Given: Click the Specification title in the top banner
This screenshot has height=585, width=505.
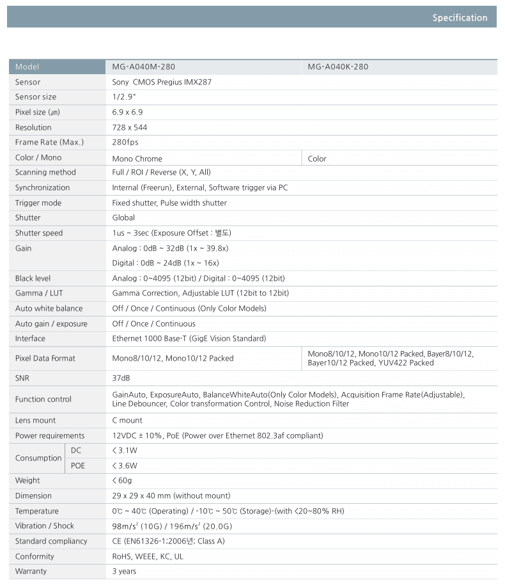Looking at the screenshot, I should (x=460, y=18).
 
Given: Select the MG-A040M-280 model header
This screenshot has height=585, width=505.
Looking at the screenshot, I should (x=144, y=66).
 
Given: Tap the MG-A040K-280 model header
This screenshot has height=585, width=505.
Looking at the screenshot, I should (x=338, y=66).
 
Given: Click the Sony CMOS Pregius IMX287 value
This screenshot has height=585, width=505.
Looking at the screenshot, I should (x=162, y=82).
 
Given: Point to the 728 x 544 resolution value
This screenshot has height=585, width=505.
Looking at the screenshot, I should (x=130, y=127).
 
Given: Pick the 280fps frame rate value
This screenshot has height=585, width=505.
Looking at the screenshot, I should (x=125, y=142).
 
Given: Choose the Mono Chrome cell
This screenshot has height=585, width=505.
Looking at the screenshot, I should (x=137, y=159).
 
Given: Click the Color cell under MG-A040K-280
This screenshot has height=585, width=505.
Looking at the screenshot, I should (x=317, y=159).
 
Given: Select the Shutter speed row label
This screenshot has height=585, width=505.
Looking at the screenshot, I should (x=39, y=233).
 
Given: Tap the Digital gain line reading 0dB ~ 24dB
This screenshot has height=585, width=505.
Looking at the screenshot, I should (x=166, y=263).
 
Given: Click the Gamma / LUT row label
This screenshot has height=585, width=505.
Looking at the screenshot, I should (x=38, y=293).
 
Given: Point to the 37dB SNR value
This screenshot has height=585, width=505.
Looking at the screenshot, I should (x=121, y=378).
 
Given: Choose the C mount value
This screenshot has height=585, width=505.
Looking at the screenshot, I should (x=127, y=420).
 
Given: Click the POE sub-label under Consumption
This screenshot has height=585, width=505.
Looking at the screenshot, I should (x=78, y=465).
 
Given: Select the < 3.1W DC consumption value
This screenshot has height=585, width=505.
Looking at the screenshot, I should (x=125, y=450).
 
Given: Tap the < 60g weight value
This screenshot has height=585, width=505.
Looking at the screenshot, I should (x=123, y=480).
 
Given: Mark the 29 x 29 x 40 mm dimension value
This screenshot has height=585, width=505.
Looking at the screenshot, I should (x=171, y=495).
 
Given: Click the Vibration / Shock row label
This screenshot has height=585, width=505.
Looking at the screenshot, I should (x=45, y=526).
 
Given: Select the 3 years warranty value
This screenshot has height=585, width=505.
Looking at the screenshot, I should (x=124, y=571).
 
